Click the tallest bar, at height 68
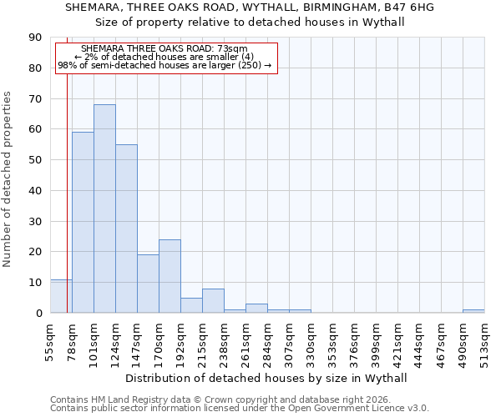pyautogui.click(x=104, y=208)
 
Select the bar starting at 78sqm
pyautogui.click(x=83, y=222)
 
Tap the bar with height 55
pyautogui.click(x=126, y=229)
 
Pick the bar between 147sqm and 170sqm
pyautogui.click(x=148, y=284)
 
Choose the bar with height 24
pyautogui.click(x=170, y=276)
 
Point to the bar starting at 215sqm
pyautogui.click(x=213, y=301)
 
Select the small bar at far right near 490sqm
pyautogui.click(x=473, y=311)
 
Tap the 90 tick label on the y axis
pyautogui.click(x=35, y=38)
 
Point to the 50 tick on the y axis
pyautogui.click(x=35, y=160)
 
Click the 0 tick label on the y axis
pyautogui.click(x=38, y=314)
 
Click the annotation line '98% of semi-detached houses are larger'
pyautogui.click(x=164, y=65)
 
